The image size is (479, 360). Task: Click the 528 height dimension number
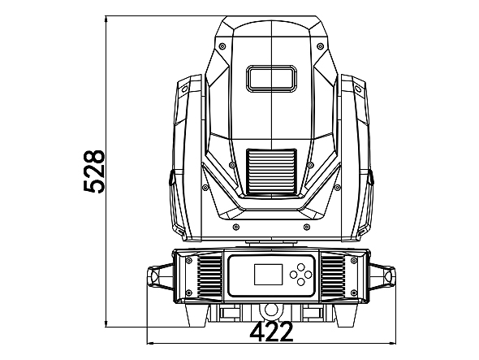click(94, 171)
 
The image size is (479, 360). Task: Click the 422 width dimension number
click(272, 332)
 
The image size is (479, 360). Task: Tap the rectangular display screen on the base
click(268, 275)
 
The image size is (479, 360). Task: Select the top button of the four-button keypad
click(301, 267)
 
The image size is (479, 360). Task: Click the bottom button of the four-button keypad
click(301, 282)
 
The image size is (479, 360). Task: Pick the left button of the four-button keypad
click(294, 275)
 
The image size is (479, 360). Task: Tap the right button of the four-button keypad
click(309, 275)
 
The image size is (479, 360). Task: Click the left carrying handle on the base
click(160, 276)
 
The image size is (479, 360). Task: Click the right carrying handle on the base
click(382, 276)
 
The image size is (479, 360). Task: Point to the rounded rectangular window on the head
click(272, 78)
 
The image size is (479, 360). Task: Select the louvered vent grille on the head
click(272, 172)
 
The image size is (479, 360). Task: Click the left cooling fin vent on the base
click(209, 276)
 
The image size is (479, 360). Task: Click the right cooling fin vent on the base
click(334, 276)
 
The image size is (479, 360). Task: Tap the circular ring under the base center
click(270, 310)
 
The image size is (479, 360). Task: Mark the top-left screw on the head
click(222, 46)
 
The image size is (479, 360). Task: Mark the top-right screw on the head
click(320, 46)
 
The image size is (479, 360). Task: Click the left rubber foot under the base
click(196, 315)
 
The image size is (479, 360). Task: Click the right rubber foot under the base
click(346, 315)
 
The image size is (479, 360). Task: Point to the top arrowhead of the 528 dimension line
click(106, 19)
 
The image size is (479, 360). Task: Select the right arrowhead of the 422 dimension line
click(392, 343)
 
